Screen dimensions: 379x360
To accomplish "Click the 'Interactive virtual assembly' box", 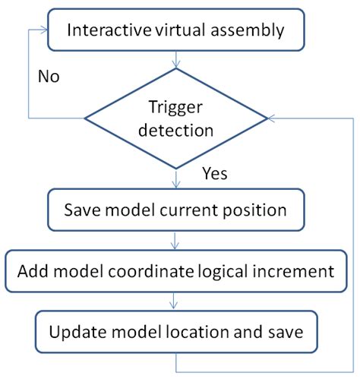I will (x=177, y=30).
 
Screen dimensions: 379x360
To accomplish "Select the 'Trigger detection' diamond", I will (x=176, y=118).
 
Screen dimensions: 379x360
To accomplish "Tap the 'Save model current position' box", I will (x=177, y=208).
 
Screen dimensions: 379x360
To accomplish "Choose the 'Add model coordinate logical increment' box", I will (x=177, y=270).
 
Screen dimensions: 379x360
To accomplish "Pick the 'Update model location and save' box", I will (x=177, y=333).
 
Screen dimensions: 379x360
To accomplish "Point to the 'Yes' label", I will (x=215, y=174).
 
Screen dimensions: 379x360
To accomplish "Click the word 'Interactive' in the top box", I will (x=104, y=30).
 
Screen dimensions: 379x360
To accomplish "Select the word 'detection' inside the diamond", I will (x=176, y=130).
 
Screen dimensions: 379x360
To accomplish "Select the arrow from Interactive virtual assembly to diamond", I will (x=176, y=58).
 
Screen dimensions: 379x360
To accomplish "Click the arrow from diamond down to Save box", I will (x=176, y=178).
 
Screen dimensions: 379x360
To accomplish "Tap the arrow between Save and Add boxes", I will (x=176, y=240).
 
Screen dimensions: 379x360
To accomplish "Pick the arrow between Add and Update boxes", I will (x=176, y=302).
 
